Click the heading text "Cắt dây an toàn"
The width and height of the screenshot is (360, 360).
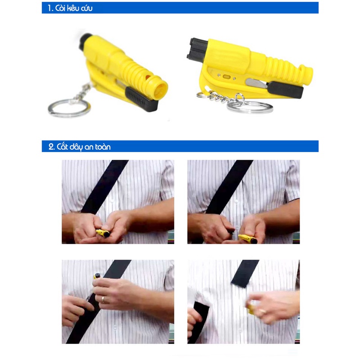pos(84,147)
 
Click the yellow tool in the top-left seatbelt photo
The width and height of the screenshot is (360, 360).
pos(103,233)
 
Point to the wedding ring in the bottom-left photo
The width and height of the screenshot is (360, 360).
pos(103,299)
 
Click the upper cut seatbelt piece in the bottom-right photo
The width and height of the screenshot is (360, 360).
pos(245,273)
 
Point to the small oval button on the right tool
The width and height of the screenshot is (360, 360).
pos(226,77)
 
